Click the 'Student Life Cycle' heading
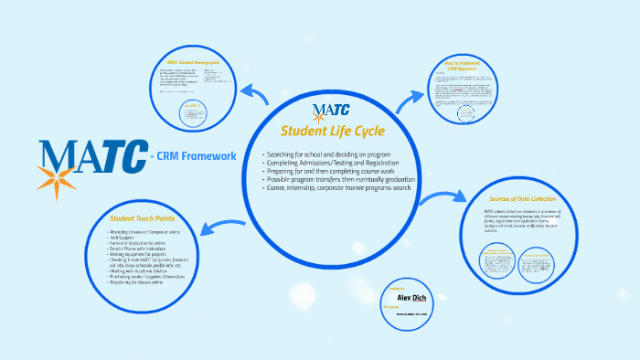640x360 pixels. [332, 131]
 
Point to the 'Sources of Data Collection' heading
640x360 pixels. [523, 198]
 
